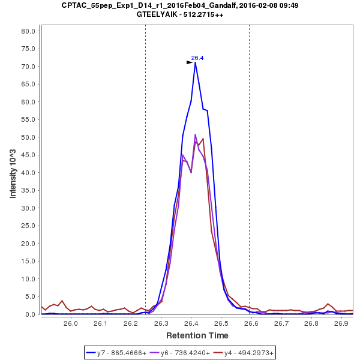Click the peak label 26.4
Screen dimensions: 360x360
197,58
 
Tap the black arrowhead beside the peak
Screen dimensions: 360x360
190,62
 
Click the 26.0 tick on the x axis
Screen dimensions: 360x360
71,324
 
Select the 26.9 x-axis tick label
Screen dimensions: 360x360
341,324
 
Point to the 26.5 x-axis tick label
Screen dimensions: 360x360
221,324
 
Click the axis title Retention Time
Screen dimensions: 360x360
197,335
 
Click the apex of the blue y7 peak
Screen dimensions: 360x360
195,62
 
